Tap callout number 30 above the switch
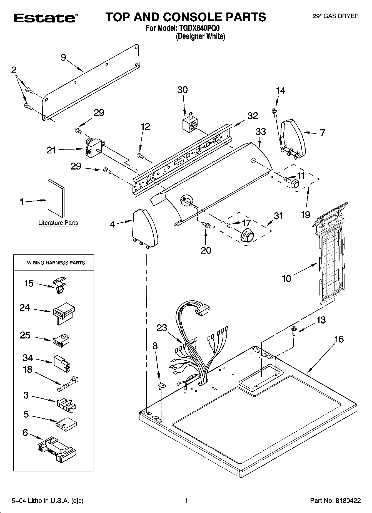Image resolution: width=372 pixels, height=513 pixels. [x=183, y=90]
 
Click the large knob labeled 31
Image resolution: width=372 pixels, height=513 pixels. [x=247, y=236]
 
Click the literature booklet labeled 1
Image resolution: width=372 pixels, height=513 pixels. [x=56, y=198]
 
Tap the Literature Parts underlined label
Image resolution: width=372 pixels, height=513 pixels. [x=58, y=223]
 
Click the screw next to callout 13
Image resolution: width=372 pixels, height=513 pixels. [x=293, y=331]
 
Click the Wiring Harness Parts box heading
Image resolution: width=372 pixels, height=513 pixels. [x=56, y=263]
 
